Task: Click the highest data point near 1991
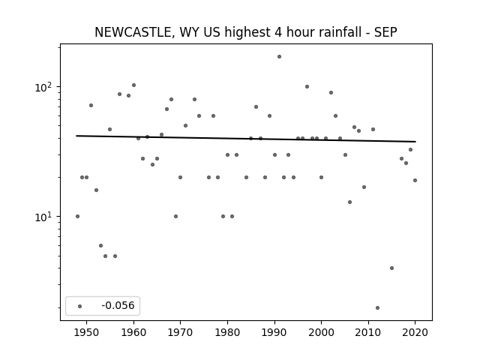point(279,57)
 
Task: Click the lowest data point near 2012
point(377,307)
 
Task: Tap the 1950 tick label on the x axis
point(87,332)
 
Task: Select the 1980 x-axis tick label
point(227,332)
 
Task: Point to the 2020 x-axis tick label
point(415,332)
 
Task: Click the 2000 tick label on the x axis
point(321,332)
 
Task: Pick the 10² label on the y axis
point(43,87)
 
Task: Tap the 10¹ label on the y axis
point(43,217)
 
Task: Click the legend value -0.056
point(118,305)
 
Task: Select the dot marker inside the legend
point(80,306)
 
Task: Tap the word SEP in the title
point(385,32)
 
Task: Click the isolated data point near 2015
point(391,268)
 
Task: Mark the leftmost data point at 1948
point(77,216)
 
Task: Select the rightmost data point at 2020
point(415,180)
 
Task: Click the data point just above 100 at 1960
point(133,85)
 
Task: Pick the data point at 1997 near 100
point(307,87)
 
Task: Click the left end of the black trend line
point(76,136)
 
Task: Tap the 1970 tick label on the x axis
point(180,332)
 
